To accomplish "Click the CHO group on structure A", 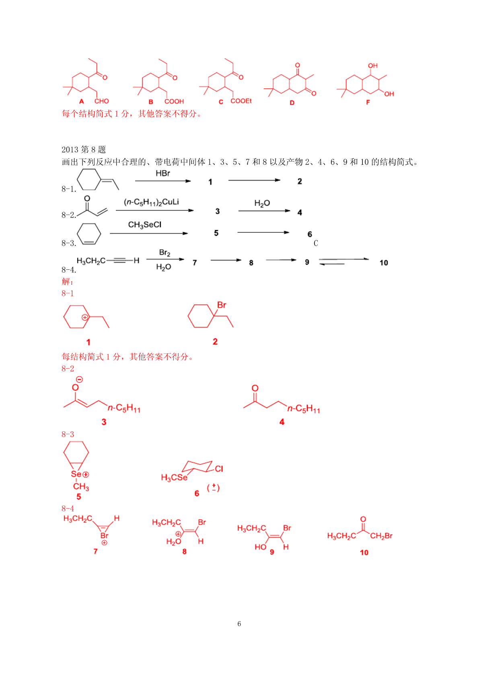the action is point(102,101).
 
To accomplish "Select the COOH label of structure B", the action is point(174,101).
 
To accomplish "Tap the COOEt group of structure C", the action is point(241,101).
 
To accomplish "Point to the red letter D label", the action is point(292,103).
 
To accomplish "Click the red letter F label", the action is point(368,102).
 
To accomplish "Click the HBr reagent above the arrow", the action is point(163,173).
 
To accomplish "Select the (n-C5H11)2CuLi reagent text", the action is point(151,202).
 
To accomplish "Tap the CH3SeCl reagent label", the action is point(144,225).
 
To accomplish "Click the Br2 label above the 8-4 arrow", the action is point(164,252).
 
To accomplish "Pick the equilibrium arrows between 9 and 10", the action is point(344,261).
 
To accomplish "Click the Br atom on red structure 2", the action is point(222,305).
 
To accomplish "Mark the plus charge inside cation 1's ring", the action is point(85,317).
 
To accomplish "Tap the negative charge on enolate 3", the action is point(79,379).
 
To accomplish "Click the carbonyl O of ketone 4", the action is point(255,388).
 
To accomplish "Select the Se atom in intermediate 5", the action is point(76,474).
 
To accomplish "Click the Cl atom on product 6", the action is point(219,469).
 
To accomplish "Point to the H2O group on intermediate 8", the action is point(174,542).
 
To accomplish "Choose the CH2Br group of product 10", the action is point(381,536).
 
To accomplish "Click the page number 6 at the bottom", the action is point(239,624).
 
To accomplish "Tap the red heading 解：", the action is point(68,281).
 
